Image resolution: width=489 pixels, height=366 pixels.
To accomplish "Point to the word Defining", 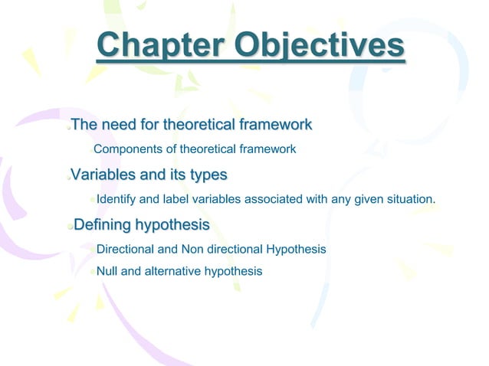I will click(102, 225).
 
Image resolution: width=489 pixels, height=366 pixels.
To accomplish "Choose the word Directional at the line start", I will click(125, 250).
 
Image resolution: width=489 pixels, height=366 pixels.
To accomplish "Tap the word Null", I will click(107, 271).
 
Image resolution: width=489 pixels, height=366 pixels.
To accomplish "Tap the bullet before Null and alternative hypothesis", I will click(92, 272).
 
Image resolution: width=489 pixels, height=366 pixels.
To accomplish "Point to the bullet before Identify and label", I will click(92, 201).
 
